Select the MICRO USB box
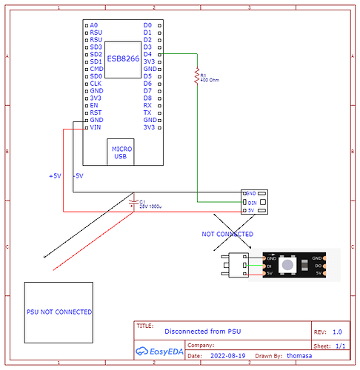tap(121, 152)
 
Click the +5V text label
tap(55, 176)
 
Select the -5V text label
tap(78, 176)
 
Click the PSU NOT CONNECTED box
tap(59, 312)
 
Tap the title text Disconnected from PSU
tap(202, 332)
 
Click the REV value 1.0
tap(337, 332)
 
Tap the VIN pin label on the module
tap(95, 127)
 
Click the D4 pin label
tap(147, 54)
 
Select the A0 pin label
tap(93, 25)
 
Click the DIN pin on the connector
tap(252, 201)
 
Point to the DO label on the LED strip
tap(318, 265)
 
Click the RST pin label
tap(95, 112)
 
